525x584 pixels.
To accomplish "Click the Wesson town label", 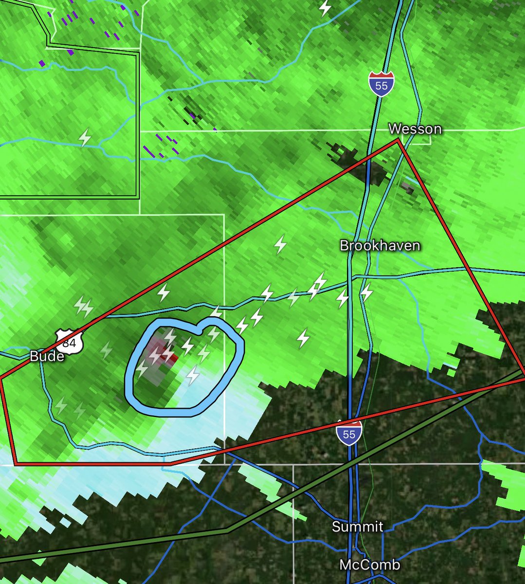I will tap(415, 129).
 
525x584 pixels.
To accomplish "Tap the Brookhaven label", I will tap(380, 245).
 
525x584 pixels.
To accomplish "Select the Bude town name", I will tap(47, 356).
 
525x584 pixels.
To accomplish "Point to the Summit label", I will tap(357, 527).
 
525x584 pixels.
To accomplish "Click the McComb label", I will tap(370, 565).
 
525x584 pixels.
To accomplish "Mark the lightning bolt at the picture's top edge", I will tap(325, 8).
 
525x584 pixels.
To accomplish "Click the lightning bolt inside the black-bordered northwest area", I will tap(86, 138).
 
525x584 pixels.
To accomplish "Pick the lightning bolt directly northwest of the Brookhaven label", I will tap(280, 244).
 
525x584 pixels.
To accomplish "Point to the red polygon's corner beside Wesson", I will tap(398, 140).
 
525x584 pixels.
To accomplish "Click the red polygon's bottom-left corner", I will tap(16, 464).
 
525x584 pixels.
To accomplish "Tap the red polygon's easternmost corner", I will tap(524, 377).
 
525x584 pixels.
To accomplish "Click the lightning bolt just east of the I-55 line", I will tap(366, 293).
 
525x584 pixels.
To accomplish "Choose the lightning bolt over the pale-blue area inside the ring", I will tap(194, 375).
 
